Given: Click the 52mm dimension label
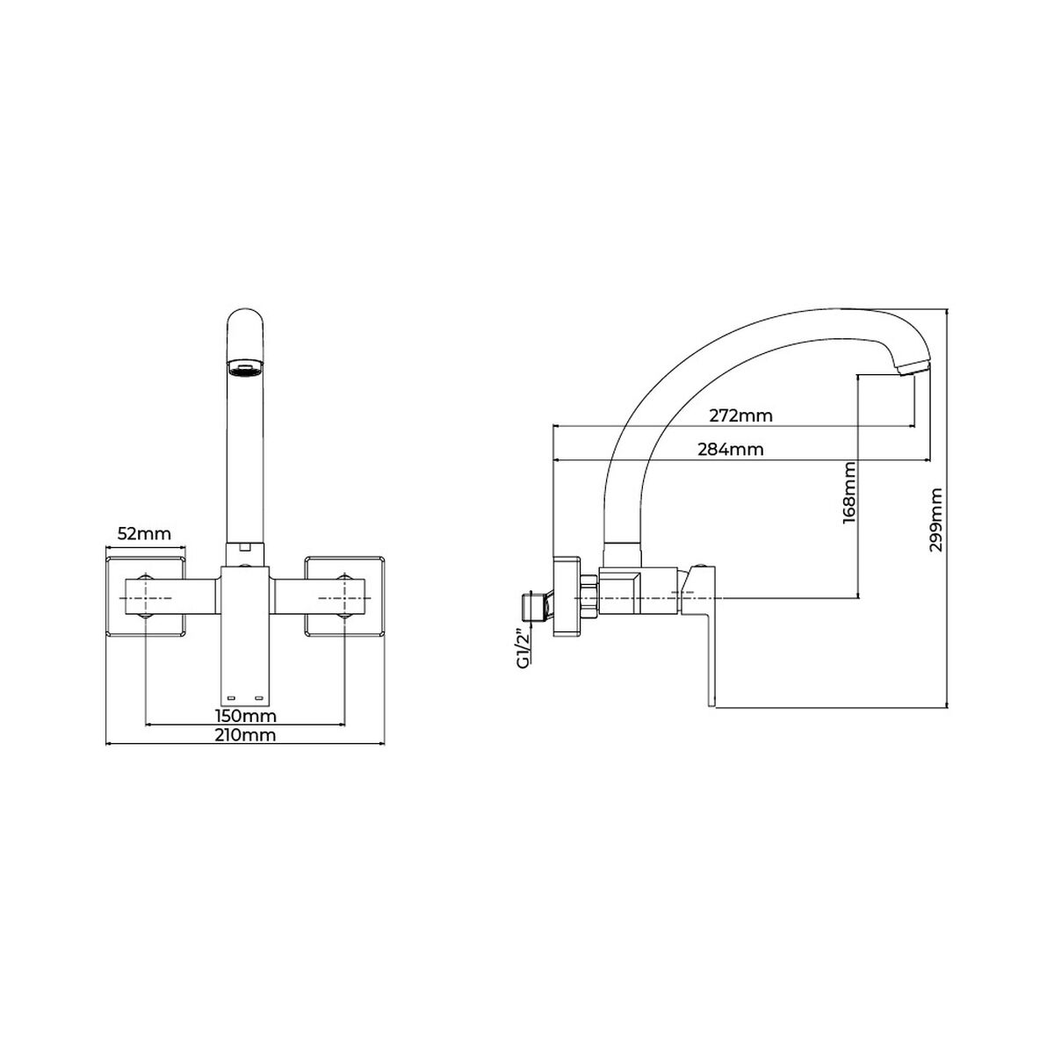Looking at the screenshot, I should point(143,533).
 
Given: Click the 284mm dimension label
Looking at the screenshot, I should point(730,449).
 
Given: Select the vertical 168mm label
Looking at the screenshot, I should point(849,494).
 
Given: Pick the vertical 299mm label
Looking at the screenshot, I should point(936,520).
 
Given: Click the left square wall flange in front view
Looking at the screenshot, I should point(147,595).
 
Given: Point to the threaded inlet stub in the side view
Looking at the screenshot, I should point(530,605).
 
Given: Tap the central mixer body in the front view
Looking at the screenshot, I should point(245,632).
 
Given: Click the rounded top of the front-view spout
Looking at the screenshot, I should point(245,321).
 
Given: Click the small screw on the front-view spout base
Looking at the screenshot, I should point(245,547).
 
